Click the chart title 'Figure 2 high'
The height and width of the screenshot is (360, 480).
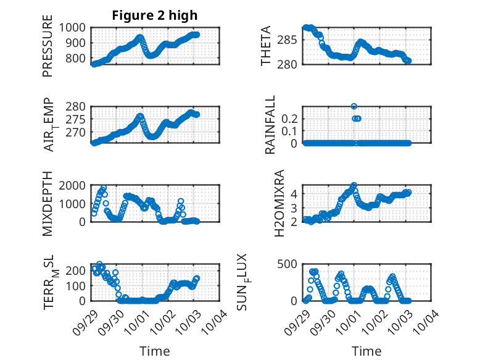[154, 16]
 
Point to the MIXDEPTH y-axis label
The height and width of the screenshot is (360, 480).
[48, 205]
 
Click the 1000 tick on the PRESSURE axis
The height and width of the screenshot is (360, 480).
[75, 27]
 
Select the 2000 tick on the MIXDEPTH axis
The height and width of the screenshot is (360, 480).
[75, 185]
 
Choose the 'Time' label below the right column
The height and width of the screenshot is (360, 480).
[366, 351]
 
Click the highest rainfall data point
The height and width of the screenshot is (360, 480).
[354, 107]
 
